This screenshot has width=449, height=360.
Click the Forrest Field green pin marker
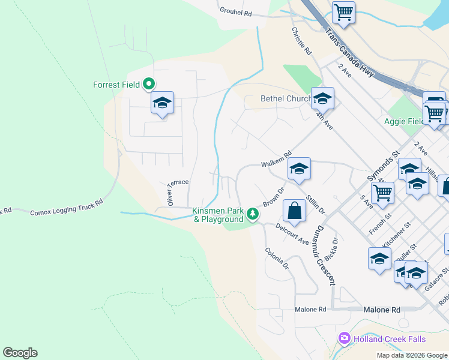[x=149, y=85]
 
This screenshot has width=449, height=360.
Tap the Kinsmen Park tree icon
[x=253, y=213]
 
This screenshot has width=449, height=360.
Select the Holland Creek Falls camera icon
[x=344, y=339]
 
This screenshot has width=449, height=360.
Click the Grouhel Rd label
[x=235, y=12]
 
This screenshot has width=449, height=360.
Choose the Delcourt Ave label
[x=292, y=233]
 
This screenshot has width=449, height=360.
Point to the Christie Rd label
[x=301, y=41]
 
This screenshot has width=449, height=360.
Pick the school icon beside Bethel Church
[x=322, y=98]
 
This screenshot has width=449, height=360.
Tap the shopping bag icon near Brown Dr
[x=294, y=211]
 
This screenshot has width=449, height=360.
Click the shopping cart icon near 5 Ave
[x=382, y=193]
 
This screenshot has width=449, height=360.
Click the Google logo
[x=20, y=353]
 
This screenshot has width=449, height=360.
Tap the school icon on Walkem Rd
[x=299, y=169]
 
